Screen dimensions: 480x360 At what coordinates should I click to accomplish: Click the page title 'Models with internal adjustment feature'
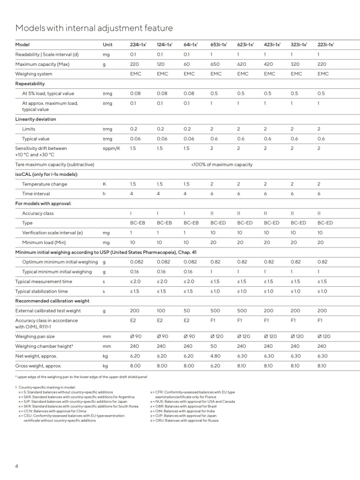[94, 28]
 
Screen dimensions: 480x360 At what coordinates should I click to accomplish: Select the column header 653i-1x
[218, 45]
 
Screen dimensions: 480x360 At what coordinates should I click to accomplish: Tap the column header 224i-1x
[138, 45]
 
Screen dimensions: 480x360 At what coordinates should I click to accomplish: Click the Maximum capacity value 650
[216, 64]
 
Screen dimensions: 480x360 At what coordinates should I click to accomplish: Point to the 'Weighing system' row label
[34, 74]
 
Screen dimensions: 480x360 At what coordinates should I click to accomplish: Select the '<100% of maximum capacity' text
[222, 164]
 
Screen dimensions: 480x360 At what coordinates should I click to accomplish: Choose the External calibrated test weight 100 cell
[162, 310]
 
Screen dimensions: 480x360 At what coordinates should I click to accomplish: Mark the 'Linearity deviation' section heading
[36, 119]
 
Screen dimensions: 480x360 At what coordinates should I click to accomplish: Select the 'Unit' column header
[108, 45]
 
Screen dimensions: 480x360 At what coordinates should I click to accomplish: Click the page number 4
[17, 466]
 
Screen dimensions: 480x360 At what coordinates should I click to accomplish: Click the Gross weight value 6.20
[216, 366]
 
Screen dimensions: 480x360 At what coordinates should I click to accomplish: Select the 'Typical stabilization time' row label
[42, 291]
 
